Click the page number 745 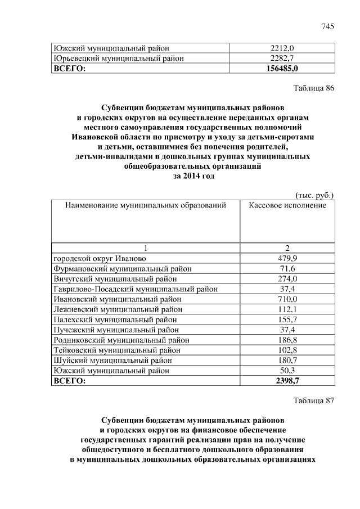[x=328, y=27]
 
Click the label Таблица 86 [x=314, y=88]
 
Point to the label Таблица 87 [x=314, y=401]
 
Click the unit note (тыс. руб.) [x=314, y=195]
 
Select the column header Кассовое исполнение [x=287, y=206]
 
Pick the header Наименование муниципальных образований [x=146, y=206]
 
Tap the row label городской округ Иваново [x=100, y=258]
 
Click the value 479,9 [x=287, y=258]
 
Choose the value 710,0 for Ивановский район [x=287, y=299]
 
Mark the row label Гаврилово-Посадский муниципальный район [x=135, y=289]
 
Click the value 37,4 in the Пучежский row [x=287, y=330]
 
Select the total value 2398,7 [x=287, y=381]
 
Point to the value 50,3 [x=287, y=371]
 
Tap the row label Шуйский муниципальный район [x=112, y=361]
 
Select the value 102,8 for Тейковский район [x=287, y=350]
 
